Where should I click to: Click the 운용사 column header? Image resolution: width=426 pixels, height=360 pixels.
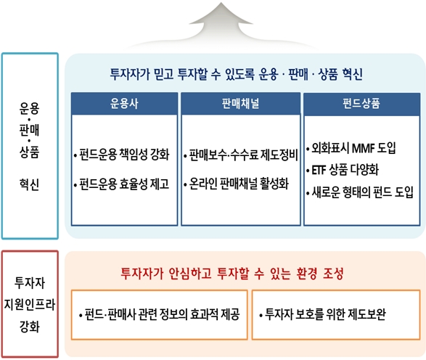click(x=124, y=104)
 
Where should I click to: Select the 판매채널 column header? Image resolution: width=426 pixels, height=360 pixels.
click(x=241, y=104)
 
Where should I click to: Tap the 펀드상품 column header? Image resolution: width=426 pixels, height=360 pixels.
click(x=361, y=104)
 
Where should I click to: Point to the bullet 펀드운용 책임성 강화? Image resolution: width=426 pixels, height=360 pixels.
click(x=122, y=155)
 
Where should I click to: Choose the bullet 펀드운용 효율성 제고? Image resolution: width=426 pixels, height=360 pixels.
click(x=122, y=184)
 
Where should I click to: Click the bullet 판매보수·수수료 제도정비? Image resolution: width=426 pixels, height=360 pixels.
click(x=241, y=155)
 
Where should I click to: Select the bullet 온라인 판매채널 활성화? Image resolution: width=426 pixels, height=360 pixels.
click(x=236, y=184)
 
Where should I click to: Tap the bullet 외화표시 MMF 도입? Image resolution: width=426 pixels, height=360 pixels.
click(x=351, y=148)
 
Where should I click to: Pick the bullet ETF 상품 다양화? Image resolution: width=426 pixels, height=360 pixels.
click(x=343, y=170)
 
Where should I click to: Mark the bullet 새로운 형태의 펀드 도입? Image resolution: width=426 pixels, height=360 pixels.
click(x=360, y=192)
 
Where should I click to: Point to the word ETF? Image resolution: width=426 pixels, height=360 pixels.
click(x=319, y=171)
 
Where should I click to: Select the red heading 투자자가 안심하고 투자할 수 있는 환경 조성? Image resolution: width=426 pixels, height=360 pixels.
click(x=232, y=274)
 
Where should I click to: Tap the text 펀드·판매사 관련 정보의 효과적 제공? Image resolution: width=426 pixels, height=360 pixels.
click(x=159, y=314)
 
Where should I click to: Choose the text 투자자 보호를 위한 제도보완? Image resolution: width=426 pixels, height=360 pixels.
click(x=322, y=314)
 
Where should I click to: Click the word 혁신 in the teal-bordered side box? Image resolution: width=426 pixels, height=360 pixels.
click(x=29, y=184)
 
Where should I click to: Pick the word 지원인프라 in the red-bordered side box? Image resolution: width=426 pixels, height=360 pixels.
click(x=30, y=304)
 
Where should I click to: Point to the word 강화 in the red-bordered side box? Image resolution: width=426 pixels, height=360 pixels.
click(x=30, y=327)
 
